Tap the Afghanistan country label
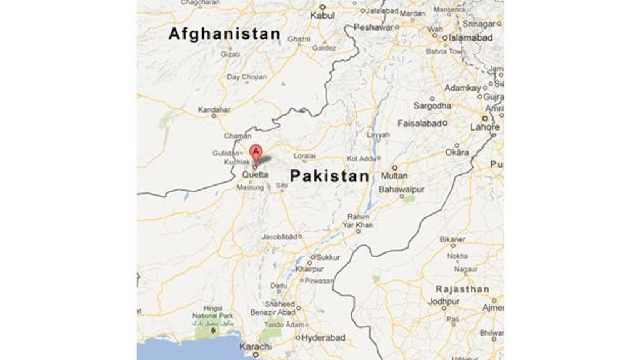[224, 34]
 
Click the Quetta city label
[255, 175]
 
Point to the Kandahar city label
[214, 110]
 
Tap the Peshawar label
[374, 27]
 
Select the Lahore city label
[486, 127]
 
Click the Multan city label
[395, 176]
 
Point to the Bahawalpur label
[402, 188]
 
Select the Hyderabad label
[323, 337]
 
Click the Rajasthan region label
[463, 289]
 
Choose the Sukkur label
[329, 257]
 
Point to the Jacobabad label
[278, 237]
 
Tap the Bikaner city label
[452, 239]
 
